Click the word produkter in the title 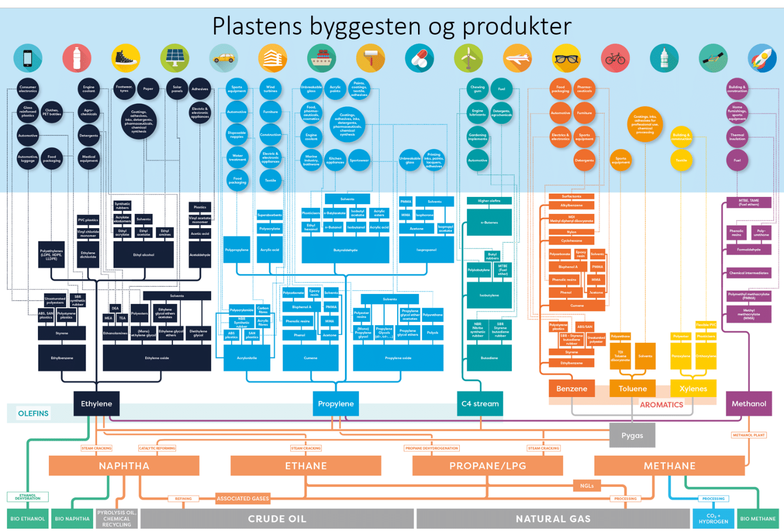tap(516, 26)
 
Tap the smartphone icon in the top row tap(27, 58)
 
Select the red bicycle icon tap(615, 58)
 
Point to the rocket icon tap(762, 58)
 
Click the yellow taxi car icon tap(223, 58)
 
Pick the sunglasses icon tap(566, 58)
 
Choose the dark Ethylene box tap(97, 404)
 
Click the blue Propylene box tap(336, 404)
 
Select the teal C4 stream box tap(480, 404)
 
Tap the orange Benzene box tap(572, 388)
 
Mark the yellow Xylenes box tap(693, 388)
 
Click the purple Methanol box tap(749, 404)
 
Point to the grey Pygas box tap(632, 435)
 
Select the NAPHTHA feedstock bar tap(124, 466)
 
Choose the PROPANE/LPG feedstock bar tap(488, 466)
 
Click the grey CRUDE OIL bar tap(277, 519)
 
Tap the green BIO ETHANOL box tap(27, 519)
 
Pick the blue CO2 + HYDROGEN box tap(713, 519)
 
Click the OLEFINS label tap(33, 414)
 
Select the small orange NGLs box tap(586, 485)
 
